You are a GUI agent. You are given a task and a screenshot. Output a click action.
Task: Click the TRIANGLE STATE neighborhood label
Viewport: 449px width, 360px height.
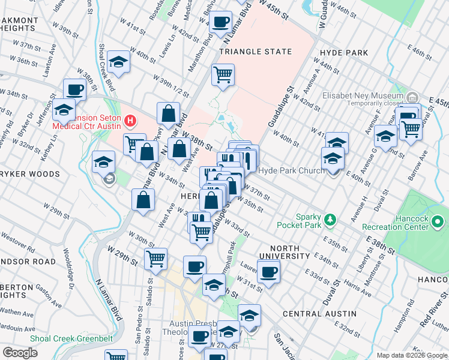point(255,52)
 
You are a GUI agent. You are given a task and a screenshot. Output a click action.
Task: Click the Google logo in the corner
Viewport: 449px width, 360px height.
point(20,353)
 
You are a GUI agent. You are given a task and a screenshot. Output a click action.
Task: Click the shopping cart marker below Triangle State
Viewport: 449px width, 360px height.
point(223,76)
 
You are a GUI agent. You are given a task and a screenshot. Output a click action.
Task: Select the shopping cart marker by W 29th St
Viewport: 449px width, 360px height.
point(155,259)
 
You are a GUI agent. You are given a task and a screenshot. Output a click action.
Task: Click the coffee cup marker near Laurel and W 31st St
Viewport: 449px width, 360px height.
point(268,272)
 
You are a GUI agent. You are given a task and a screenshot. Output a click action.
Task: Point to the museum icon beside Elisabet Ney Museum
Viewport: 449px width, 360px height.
point(412,97)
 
